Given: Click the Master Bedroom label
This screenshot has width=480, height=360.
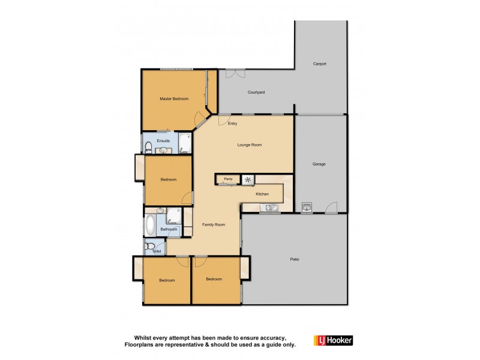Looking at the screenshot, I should (174, 98).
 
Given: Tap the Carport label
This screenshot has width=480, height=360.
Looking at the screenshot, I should (320, 64).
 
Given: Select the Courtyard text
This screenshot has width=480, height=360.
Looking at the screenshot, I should (256, 92).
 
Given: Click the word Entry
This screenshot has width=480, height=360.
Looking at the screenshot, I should (233, 124).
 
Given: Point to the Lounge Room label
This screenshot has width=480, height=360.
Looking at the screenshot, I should (250, 145).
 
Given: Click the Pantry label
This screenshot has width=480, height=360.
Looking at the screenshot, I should (228, 179).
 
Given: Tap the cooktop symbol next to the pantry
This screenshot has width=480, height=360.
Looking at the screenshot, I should (248, 179).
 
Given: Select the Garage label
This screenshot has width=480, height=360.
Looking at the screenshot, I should (319, 164).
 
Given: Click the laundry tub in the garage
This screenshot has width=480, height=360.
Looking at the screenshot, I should (307, 208).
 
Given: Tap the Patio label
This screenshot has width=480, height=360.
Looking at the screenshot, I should (295, 259).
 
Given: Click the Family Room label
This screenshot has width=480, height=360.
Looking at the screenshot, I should (214, 224).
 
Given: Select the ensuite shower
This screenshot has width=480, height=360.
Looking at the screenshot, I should (184, 143).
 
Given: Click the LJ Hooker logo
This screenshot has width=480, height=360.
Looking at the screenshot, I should (333, 340).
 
